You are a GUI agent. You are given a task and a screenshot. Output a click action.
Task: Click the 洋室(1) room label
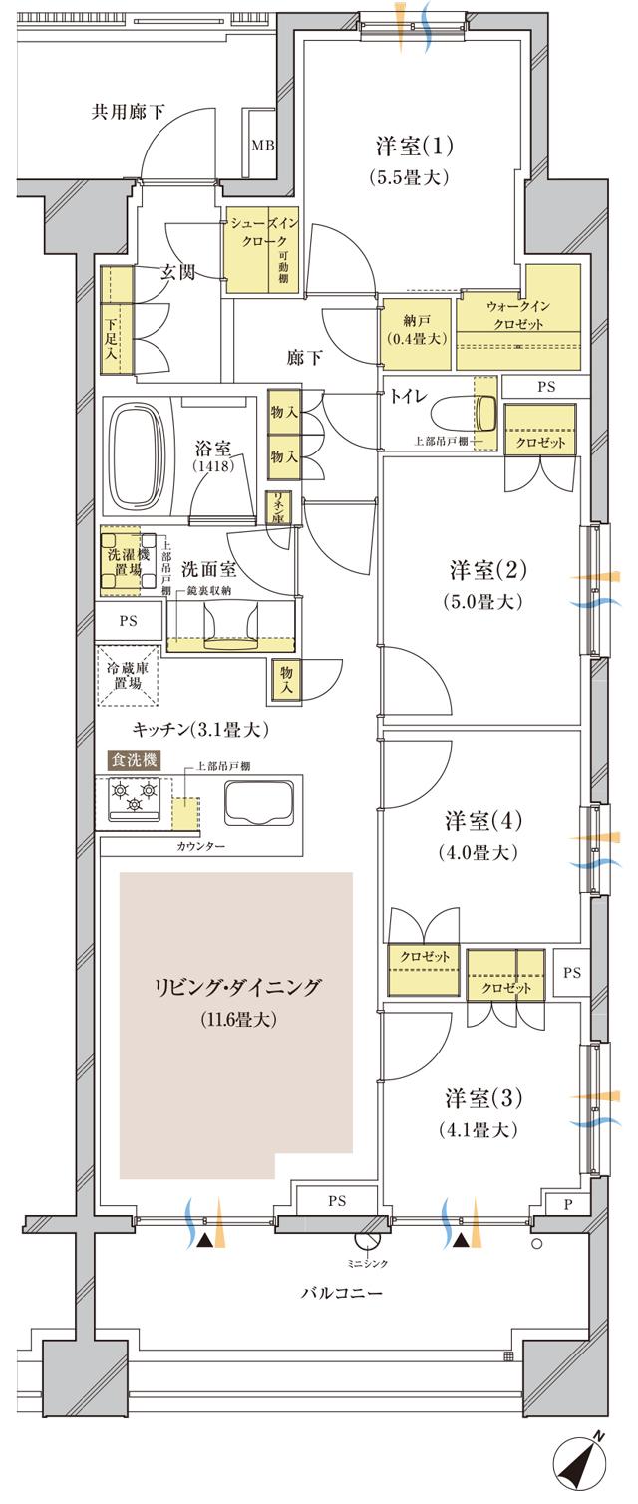point(415,147)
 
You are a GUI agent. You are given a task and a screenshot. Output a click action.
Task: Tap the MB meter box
point(262,145)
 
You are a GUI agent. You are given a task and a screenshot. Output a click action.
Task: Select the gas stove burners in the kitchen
point(135,795)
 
